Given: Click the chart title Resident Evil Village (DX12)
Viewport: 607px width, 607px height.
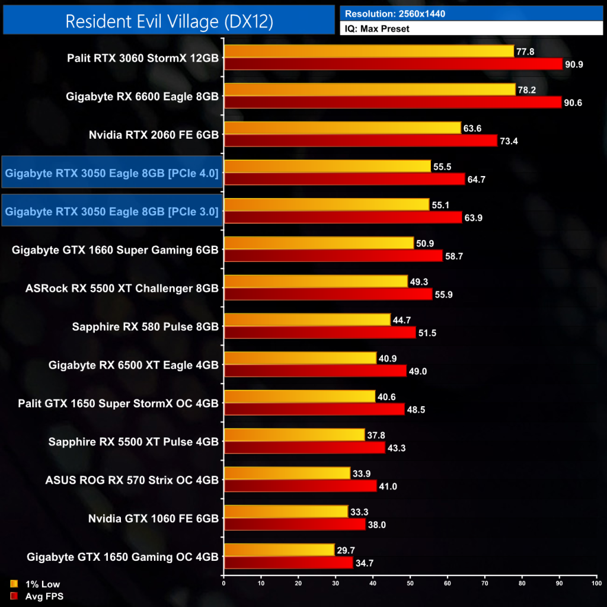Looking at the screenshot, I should pyautogui.click(x=169, y=21).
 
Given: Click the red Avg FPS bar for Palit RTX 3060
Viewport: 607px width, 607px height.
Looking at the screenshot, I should pyautogui.click(x=393, y=64).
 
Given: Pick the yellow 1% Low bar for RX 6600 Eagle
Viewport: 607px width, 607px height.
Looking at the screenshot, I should pyautogui.click(x=370, y=90).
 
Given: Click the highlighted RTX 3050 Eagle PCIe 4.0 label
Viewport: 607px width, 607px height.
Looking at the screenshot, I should pyautogui.click(x=112, y=172).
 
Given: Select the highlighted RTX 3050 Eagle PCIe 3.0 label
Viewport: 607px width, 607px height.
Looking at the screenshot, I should pyautogui.click(x=112, y=211).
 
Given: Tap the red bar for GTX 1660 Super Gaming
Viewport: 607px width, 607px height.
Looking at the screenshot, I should pyautogui.click(x=333, y=255).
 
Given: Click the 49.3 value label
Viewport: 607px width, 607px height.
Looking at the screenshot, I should pyautogui.click(x=420, y=281).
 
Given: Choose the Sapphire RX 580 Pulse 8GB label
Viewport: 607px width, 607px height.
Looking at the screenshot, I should pyautogui.click(x=145, y=326).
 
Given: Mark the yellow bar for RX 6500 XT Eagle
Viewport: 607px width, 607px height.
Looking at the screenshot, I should pyautogui.click(x=301, y=358).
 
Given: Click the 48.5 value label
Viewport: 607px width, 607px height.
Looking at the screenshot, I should pyautogui.click(x=417, y=409).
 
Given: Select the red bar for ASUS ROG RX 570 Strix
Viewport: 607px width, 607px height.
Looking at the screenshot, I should pyautogui.click(x=301, y=485).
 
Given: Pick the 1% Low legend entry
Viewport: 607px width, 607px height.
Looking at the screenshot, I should pyautogui.click(x=41, y=584).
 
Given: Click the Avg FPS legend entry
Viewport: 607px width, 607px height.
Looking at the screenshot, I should pyautogui.click(x=41, y=596).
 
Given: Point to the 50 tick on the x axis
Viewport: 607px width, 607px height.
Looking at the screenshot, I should pyautogui.click(x=410, y=584).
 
